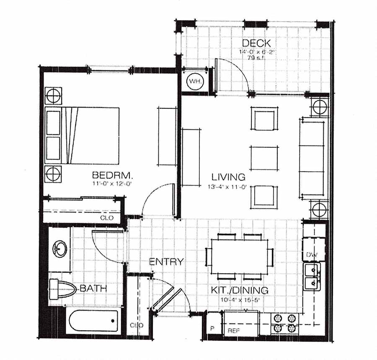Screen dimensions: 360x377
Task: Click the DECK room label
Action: coord(256,43)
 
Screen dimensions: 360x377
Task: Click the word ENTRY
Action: coord(166,262)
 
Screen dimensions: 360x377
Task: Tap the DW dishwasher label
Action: coord(311,255)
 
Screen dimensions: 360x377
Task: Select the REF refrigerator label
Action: coord(233,331)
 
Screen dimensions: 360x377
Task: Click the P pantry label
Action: coord(212,328)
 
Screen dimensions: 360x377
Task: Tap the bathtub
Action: coord(93,322)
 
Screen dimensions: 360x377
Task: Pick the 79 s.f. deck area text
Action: coord(256,57)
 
